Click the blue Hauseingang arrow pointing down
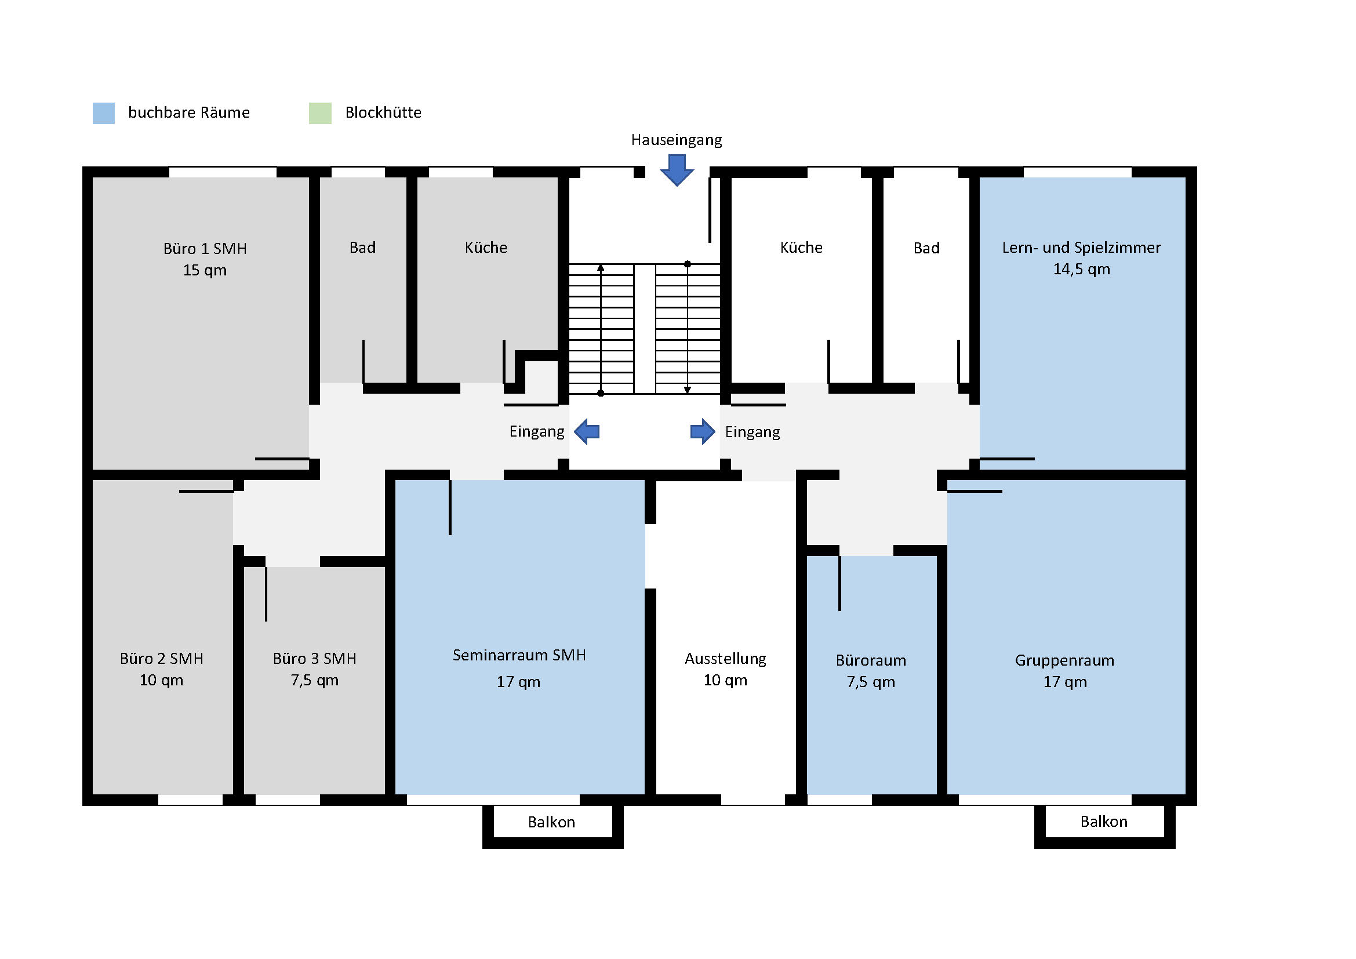coord(677,170)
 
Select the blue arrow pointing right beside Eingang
coord(703,432)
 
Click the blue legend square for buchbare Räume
coord(103,113)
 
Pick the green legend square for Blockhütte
coord(320,113)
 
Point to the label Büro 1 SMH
coord(205,249)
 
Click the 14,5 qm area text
coord(1081,269)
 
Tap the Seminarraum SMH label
coord(519,655)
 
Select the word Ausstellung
coord(725,659)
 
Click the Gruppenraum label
coord(1064,660)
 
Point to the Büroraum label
coord(871,660)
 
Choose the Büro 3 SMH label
coord(314,659)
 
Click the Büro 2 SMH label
coord(161,659)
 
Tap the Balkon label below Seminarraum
coord(551,822)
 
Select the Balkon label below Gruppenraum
coord(1103,822)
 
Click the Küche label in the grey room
coord(485,248)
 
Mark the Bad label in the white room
coord(926,248)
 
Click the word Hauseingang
coord(676,140)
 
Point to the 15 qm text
coord(204,270)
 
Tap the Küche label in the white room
coord(801,248)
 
